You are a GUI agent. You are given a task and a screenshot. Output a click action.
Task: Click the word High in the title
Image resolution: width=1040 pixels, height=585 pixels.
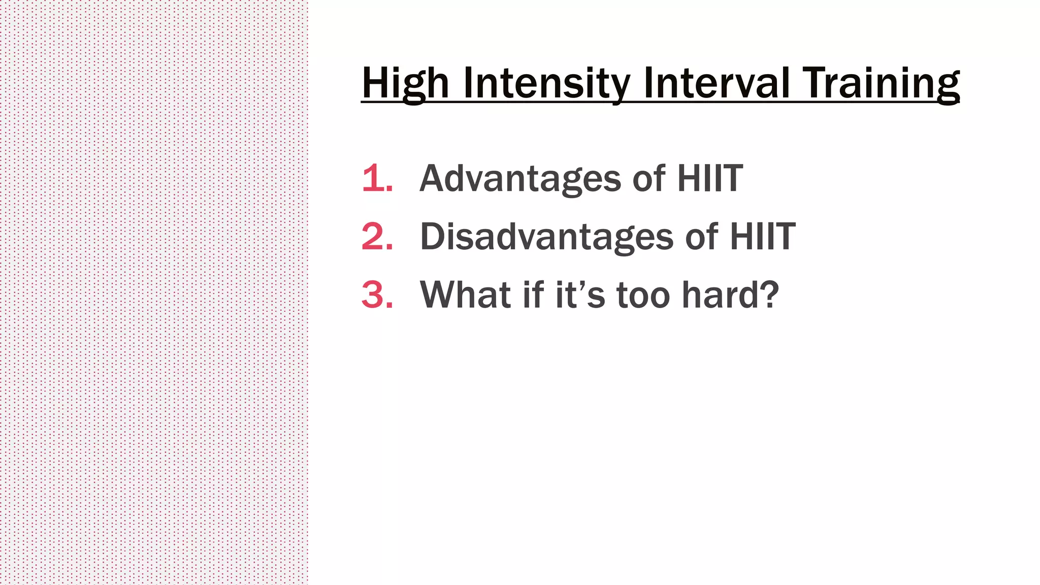[x=405, y=83]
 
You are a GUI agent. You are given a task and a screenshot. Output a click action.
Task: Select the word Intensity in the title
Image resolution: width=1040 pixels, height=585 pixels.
[x=546, y=83]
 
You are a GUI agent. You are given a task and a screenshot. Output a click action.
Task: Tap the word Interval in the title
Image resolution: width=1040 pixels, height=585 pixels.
[x=716, y=83]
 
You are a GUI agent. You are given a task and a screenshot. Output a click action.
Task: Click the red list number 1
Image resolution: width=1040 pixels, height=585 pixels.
[x=376, y=179]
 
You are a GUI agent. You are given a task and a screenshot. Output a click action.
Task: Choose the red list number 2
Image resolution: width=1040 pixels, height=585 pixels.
[x=376, y=237]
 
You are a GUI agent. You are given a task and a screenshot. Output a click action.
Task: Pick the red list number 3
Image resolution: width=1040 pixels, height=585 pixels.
[x=376, y=295]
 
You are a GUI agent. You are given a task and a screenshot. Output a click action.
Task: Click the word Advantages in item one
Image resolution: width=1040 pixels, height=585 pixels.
[x=520, y=179]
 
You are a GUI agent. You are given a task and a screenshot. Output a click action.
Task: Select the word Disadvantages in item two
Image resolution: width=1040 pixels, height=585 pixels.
[x=546, y=237]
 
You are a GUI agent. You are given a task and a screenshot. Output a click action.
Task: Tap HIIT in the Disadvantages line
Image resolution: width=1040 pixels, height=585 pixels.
[x=762, y=237]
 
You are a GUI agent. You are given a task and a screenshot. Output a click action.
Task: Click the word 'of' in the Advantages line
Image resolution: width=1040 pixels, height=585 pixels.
[x=648, y=179]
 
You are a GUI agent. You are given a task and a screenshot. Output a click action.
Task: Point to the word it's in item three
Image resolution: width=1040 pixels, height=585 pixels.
[x=579, y=295]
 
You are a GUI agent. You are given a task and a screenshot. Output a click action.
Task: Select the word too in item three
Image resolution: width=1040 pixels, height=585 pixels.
[x=643, y=295]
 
